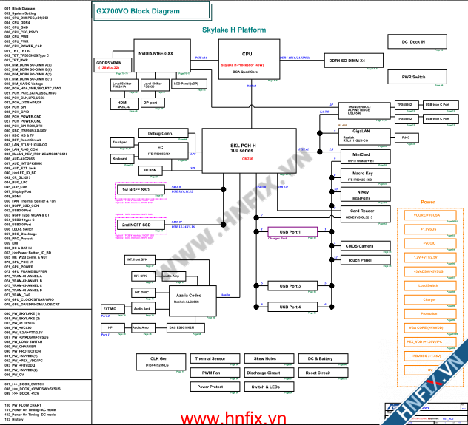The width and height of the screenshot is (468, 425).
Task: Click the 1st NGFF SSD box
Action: click(136, 190)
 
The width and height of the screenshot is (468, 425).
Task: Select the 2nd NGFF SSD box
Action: click(136, 225)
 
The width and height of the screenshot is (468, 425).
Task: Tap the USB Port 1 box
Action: click(284, 232)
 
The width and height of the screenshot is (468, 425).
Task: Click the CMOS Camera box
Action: click(360, 246)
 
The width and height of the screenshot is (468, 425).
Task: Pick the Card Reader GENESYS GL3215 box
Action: click(360, 213)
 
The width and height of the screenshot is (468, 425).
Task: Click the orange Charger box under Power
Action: click(429, 299)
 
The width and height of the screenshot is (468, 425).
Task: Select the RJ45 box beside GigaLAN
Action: click(405, 137)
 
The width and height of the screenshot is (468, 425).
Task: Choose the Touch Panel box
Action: click(360, 260)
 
